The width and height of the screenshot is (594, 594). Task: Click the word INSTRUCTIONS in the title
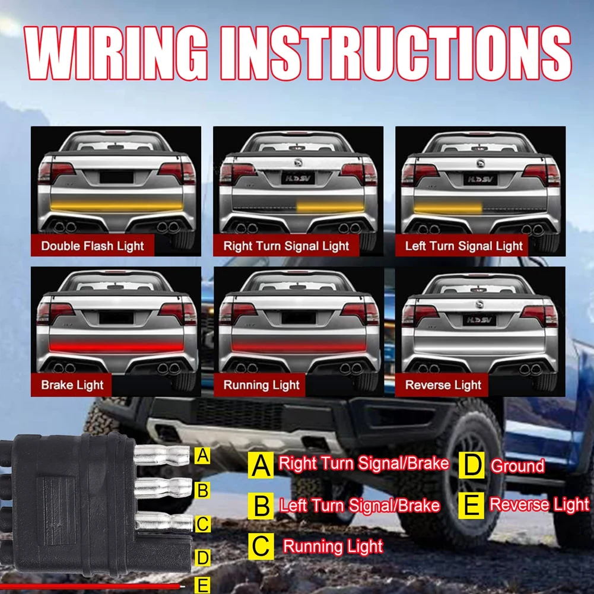click(x=396, y=53)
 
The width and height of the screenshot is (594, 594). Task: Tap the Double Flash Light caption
click(x=93, y=246)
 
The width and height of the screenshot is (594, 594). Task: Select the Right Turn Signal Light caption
click(x=286, y=246)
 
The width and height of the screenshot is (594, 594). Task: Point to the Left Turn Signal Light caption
click(x=463, y=246)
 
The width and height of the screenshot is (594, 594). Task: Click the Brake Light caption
click(x=72, y=385)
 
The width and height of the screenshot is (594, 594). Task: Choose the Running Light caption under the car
click(x=261, y=385)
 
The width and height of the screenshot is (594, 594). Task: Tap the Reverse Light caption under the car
click(x=443, y=385)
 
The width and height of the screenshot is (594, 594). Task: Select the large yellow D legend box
click(x=471, y=465)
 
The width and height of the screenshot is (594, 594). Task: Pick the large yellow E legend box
click(x=471, y=506)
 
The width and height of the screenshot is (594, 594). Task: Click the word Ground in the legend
click(x=517, y=466)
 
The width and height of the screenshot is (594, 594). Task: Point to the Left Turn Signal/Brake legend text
click(x=360, y=506)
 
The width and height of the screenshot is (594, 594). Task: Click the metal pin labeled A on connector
click(x=162, y=455)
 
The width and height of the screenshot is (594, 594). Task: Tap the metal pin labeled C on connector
click(x=164, y=522)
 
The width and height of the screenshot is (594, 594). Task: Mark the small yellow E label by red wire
click(x=202, y=585)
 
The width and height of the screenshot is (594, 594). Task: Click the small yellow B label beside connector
click(x=202, y=490)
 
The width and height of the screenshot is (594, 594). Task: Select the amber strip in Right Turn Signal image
click(x=331, y=208)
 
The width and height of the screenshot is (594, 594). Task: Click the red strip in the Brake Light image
click(x=115, y=347)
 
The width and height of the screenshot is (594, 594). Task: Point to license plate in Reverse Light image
click(x=479, y=320)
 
